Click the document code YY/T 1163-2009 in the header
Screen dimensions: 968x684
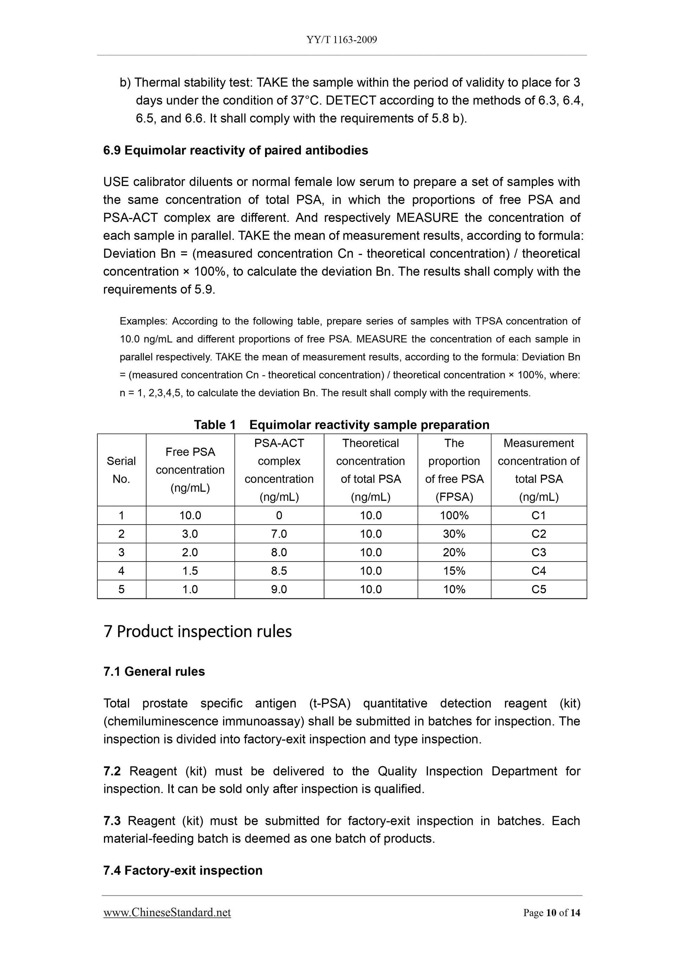pyautogui.click(x=341, y=40)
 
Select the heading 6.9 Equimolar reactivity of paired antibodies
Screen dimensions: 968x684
pyautogui.click(x=235, y=150)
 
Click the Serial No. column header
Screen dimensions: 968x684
pyautogui.click(x=121, y=470)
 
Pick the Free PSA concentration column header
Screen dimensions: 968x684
pyautogui.click(x=190, y=470)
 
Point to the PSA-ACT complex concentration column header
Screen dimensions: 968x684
pyautogui.click(x=279, y=470)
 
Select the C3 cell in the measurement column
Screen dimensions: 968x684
pyautogui.click(x=538, y=552)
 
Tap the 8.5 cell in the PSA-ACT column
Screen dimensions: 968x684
pyautogui.click(x=279, y=571)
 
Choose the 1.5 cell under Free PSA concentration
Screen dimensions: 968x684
pyautogui.click(x=190, y=571)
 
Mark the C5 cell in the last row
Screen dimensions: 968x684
pyautogui.click(x=538, y=589)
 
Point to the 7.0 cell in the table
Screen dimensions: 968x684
pyautogui.click(x=279, y=534)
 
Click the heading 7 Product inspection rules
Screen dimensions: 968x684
pyautogui.click(x=198, y=632)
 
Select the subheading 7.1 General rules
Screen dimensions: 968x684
pyautogui.click(x=154, y=672)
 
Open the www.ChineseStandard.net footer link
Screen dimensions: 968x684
pyautogui.click(x=167, y=913)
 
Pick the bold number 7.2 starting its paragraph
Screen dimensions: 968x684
pyautogui.click(x=112, y=771)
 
